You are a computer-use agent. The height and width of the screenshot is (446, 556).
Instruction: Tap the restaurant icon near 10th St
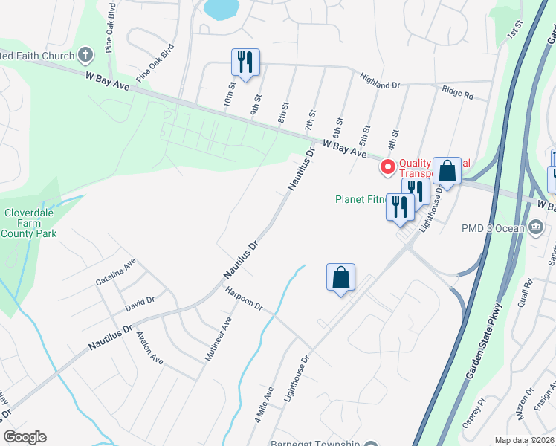click(245, 62)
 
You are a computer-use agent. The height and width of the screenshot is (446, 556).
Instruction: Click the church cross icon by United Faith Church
click(85, 56)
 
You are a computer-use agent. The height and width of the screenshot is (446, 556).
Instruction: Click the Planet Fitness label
click(361, 199)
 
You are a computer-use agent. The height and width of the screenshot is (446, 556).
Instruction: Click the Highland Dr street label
click(380, 81)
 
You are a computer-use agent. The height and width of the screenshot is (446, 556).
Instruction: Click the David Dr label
click(140, 301)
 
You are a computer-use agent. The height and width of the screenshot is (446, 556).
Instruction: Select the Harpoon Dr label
click(245, 300)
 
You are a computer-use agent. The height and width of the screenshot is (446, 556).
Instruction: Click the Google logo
click(25, 437)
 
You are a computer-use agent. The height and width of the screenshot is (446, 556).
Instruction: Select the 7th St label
click(311, 121)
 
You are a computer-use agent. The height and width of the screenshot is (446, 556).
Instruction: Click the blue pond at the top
click(221, 9)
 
